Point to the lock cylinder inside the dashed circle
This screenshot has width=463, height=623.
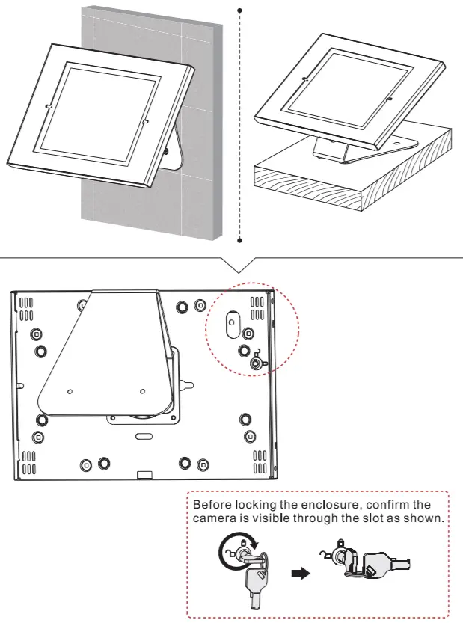257,363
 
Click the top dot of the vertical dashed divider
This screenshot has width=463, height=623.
239,10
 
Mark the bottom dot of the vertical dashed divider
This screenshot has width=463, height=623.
239,241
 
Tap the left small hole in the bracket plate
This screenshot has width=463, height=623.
70,390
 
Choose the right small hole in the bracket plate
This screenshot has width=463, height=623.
142,390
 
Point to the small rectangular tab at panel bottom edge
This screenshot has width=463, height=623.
146,474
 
